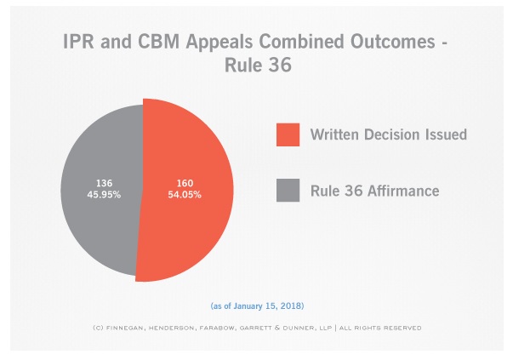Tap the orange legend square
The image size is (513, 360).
coord(287,134)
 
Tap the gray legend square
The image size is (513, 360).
coord(287,191)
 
